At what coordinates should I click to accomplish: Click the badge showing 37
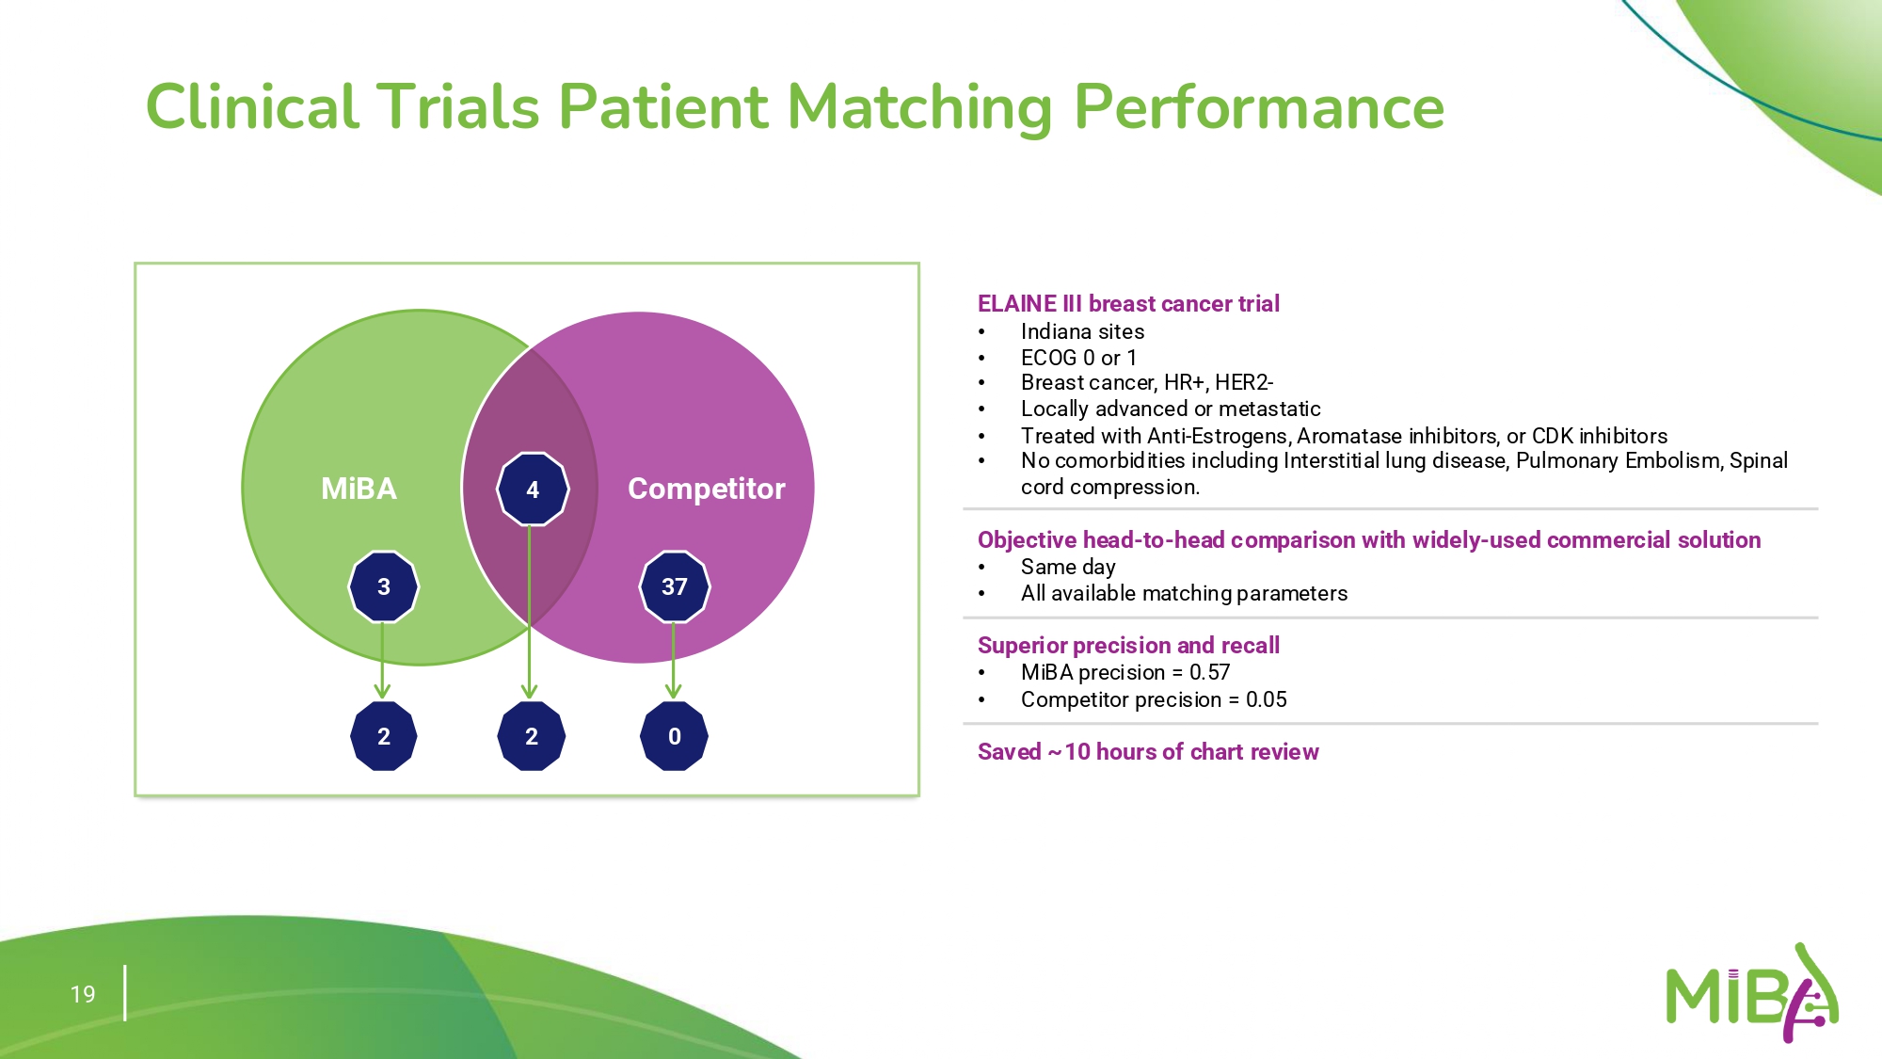(675, 586)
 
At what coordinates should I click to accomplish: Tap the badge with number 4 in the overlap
(533, 489)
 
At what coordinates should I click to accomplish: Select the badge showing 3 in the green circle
(384, 586)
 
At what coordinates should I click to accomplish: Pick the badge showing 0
(674, 736)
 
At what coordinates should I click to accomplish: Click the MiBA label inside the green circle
(359, 489)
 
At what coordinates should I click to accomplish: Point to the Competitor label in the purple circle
(706, 489)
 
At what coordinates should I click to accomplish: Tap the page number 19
(83, 994)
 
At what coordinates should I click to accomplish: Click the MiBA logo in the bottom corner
(1751, 995)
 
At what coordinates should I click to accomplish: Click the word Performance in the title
(1258, 106)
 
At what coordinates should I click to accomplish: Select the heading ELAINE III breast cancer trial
(1128, 304)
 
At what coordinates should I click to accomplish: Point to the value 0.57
(1209, 672)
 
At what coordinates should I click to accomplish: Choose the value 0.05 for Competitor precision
(1266, 699)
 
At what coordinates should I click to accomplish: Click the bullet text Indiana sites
(1082, 331)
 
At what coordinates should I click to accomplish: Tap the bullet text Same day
(1068, 567)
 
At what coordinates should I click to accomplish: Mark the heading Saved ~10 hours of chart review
(1148, 752)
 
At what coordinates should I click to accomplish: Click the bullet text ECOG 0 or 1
(1078, 358)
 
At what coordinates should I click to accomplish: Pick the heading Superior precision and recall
(1128, 646)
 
